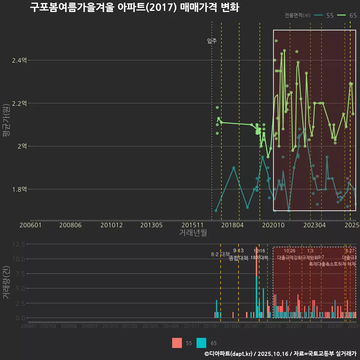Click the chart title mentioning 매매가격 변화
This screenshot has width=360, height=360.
tap(134, 7)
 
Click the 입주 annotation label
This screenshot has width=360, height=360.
tap(212, 41)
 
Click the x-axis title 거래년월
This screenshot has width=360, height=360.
tap(193, 232)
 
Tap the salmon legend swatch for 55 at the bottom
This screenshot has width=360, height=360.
tap(177, 343)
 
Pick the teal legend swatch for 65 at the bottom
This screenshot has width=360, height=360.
tap(201, 343)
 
